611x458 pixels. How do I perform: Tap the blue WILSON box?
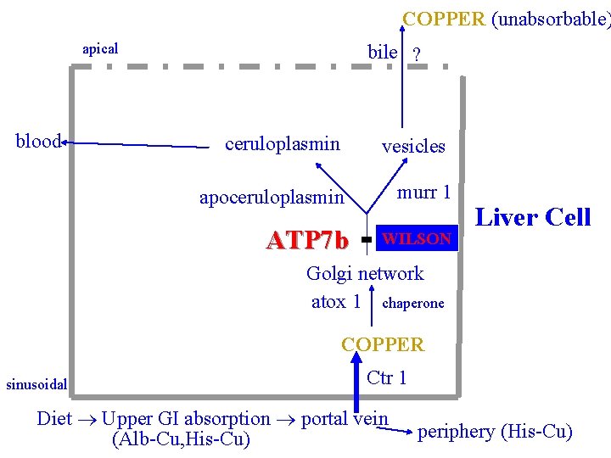click(417, 239)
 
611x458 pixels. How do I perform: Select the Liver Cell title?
click(533, 217)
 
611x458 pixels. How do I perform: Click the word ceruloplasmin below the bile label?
click(283, 144)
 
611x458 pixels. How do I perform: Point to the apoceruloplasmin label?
click(272, 198)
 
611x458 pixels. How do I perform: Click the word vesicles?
click(413, 146)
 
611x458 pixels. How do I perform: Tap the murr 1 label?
click(423, 192)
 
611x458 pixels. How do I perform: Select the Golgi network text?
click(365, 273)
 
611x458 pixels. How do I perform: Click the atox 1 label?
click(336, 302)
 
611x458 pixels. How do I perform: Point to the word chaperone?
click(413, 303)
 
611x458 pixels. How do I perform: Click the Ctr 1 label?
click(387, 377)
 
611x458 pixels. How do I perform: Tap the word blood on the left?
click(38, 142)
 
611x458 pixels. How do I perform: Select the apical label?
click(100, 49)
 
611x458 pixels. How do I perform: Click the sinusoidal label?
click(36, 384)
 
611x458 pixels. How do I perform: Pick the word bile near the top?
click(382, 52)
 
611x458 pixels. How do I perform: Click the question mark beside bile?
click(416, 54)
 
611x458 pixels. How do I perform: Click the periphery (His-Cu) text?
click(495, 432)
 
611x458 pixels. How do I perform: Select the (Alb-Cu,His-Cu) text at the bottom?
click(181, 439)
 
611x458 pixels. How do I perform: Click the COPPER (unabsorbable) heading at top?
click(506, 19)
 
